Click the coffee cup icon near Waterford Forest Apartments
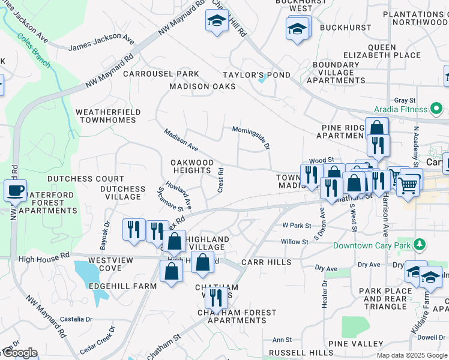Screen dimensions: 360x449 [15, 191]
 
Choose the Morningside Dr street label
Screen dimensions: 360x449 [252, 137]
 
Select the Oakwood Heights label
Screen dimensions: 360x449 [191, 167]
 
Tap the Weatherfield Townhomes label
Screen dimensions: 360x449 [108, 116]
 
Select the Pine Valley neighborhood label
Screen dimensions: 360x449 [360, 343]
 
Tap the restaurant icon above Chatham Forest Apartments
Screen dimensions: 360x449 [215, 297]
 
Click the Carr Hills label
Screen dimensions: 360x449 [266, 262]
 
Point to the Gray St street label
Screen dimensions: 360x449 [405, 100]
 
